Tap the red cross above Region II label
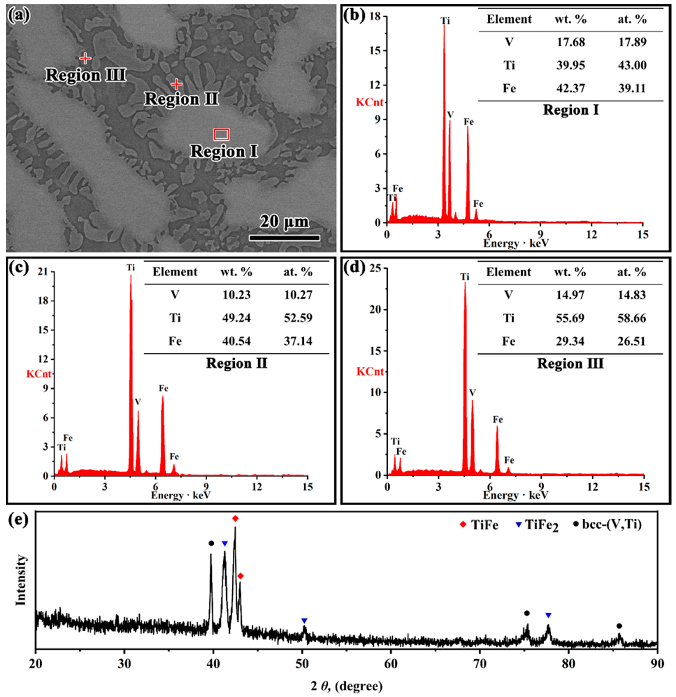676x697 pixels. pos(177,84)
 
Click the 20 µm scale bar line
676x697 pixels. pos(284,237)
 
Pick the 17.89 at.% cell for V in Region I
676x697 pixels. pos(632,42)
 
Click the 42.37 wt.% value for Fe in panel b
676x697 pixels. pos(570,88)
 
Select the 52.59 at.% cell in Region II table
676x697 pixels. pos(298,318)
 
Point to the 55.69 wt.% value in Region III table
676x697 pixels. pos(570,318)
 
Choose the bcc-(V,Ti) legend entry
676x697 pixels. pos(608,524)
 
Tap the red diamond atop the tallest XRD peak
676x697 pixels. pos(235,519)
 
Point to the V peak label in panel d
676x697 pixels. pos(472,393)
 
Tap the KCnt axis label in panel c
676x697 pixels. pos(39,374)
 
